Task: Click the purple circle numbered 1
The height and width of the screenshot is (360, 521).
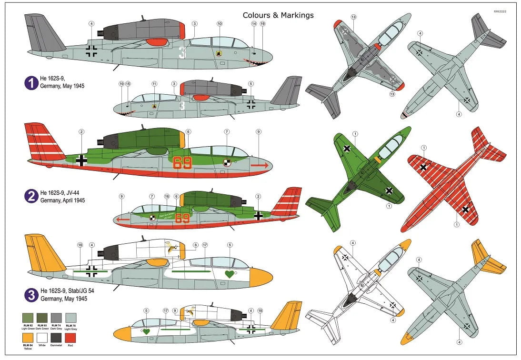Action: point(31,83)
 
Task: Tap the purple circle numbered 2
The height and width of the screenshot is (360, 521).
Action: point(31,195)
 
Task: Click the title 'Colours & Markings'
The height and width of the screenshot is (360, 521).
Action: point(278,15)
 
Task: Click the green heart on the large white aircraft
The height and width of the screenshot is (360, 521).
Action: point(230,274)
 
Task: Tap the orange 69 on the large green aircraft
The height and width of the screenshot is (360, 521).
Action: point(182,163)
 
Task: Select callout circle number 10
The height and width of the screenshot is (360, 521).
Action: point(219,23)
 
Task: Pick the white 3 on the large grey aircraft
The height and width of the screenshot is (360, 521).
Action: point(182,51)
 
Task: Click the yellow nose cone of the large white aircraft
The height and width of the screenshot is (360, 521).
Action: point(260,276)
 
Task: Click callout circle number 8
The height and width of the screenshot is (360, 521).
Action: point(195,245)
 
